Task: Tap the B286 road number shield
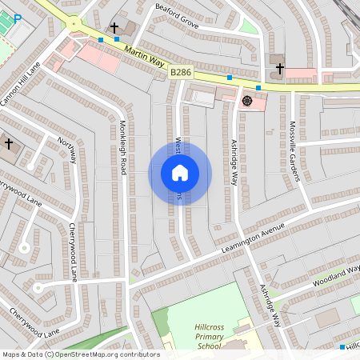[180, 72]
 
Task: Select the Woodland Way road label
[335, 278]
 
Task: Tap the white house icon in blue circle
[180, 173]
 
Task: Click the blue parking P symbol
[18, 18]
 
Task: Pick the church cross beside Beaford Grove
[114, 28]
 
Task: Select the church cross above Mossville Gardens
[280, 69]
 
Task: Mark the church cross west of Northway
[9, 144]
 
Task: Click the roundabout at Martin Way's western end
[74, 24]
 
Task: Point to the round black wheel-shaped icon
[246, 101]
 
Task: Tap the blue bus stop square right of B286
[230, 78]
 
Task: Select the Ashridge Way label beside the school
[270, 305]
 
